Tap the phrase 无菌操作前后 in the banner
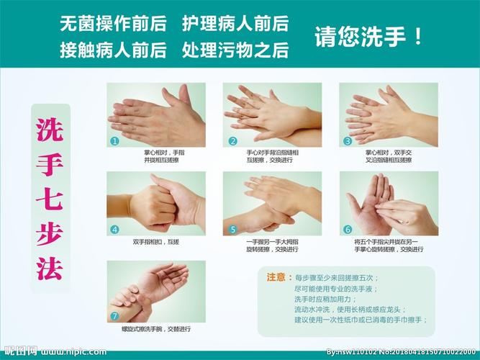(x=113, y=24)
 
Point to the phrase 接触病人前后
(x=113, y=50)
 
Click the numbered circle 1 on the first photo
(x=114, y=141)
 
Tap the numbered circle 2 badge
(x=232, y=141)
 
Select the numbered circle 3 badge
(x=348, y=141)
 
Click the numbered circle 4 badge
(x=114, y=230)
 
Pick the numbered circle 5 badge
(x=232, y=230)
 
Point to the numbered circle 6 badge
(x=348, y=230)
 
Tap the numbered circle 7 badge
(x=114, y=316)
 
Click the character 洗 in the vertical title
(x=50, y=129)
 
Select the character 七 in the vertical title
(x=50, y=198)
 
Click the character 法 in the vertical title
(x=50, y=267)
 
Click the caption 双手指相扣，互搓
(x=155, y=242)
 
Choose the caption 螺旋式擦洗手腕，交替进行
(x=156, y=329)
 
